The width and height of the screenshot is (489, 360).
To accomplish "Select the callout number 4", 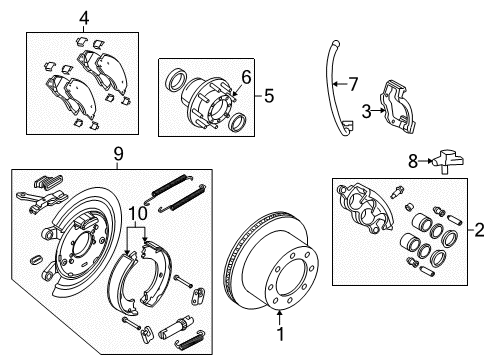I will coord(84,17).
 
